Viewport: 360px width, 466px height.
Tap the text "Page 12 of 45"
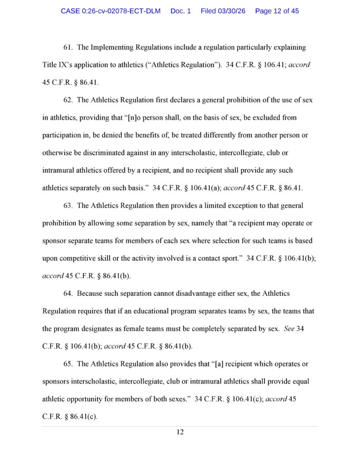277,11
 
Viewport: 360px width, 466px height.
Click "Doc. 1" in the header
181,11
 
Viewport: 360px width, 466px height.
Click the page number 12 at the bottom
180,432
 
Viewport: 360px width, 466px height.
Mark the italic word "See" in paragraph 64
289,329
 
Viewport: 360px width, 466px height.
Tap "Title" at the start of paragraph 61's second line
50,65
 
